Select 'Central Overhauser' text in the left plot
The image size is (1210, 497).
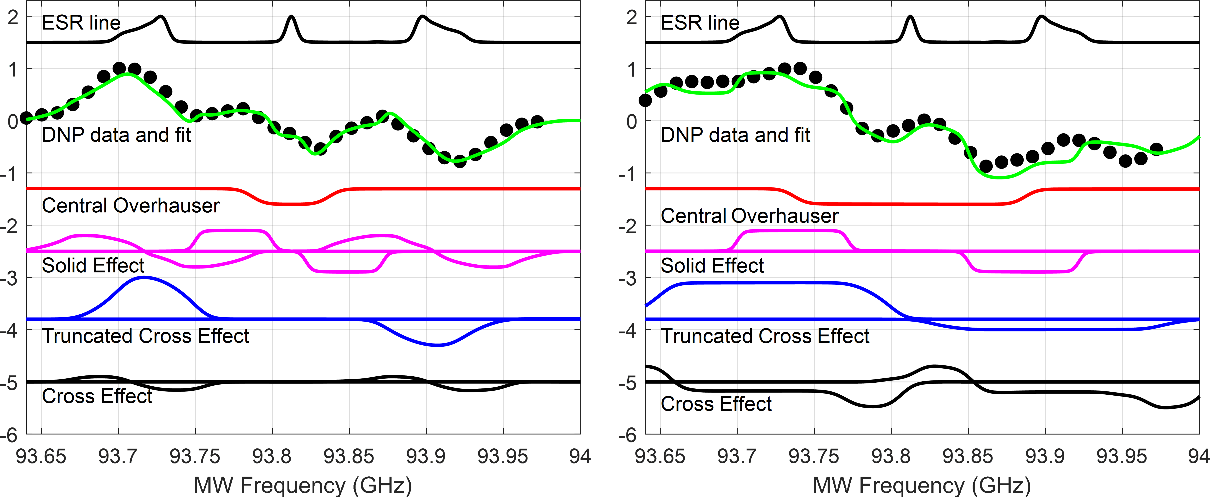(131, 205)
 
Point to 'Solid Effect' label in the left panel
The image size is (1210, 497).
(93, 266)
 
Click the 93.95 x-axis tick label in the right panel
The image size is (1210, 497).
(1122, 456)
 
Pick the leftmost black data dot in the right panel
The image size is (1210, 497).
(645, 100)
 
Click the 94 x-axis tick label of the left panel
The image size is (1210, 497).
(580, 456)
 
